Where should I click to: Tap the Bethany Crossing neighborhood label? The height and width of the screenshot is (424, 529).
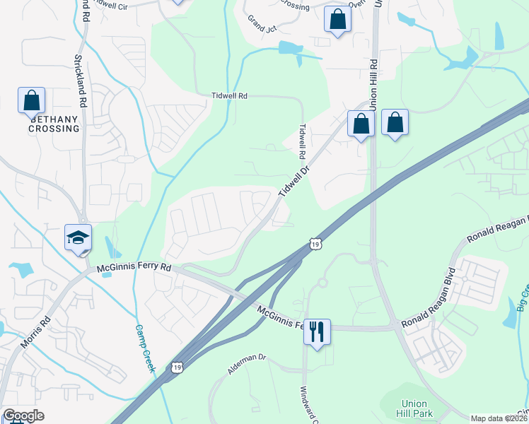click(x=54, y=124)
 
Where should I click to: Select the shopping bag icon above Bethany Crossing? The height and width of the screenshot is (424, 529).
click(x=32, y=100)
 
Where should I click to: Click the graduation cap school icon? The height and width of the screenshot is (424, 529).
click(x=78, y=237)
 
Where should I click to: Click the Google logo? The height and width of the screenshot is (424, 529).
click(x=23, y=416)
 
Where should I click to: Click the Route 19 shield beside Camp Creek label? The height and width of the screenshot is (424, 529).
click(x=176, y=367)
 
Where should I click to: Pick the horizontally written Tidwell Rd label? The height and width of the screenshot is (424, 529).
click(x=230, y=95)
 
